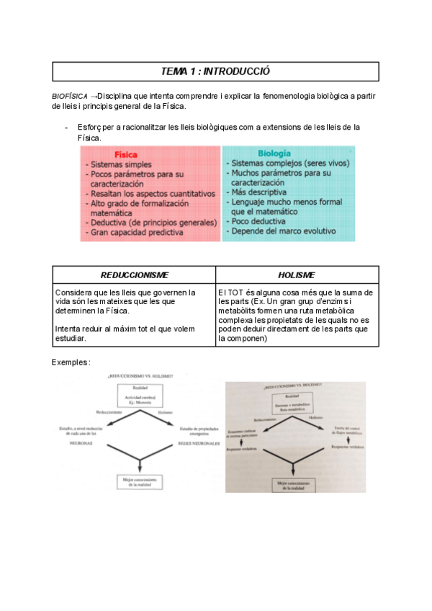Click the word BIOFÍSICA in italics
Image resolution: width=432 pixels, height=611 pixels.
point(70,96)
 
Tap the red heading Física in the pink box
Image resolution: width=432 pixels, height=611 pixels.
point(126,154)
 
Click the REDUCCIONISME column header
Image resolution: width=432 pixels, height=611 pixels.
point(135,275)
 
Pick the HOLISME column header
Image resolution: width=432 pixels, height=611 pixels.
point(297,275)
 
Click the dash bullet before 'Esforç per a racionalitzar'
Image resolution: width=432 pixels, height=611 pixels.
point(66,128)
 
